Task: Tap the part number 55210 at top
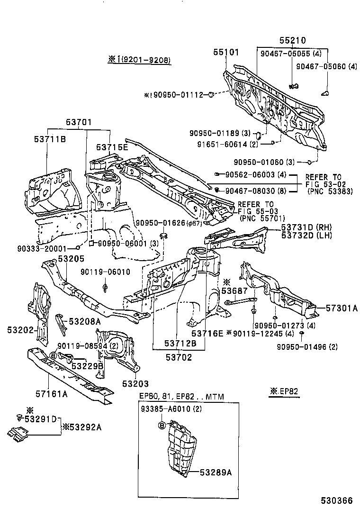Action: [292, 41]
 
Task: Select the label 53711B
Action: [50, 139]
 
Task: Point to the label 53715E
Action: [112, 147]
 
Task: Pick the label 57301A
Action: [342, 309]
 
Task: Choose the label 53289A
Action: [216, 472]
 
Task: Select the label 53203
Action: [135, 383]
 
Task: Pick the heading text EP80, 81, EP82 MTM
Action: [181, 396]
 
